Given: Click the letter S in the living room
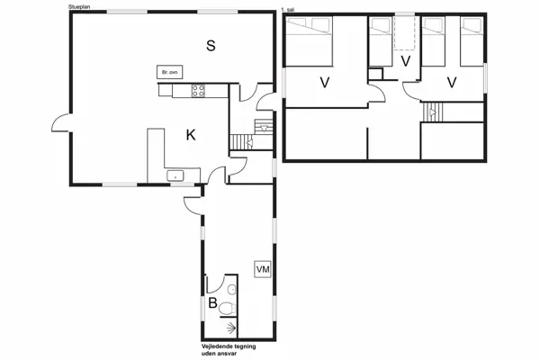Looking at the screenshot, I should [x=211, y=46].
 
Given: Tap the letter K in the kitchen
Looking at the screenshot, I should [x=191, y=135].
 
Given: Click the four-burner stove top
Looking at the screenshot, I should [x=197, y=89].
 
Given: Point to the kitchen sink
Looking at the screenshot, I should [x=174, y=175].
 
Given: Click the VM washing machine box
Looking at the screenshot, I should [x=263, y=269].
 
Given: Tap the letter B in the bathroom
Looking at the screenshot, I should [x=212, y=303].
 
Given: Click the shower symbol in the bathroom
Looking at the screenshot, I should [x=229, y=329].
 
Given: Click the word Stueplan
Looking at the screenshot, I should [x=78, y=6].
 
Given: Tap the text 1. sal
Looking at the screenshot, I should [x=288, y=8].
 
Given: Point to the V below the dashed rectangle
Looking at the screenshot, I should [x=405, y=61].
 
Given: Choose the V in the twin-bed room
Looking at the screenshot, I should [x=451, y=83].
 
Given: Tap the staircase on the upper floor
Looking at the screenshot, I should [x=433, y=113].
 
